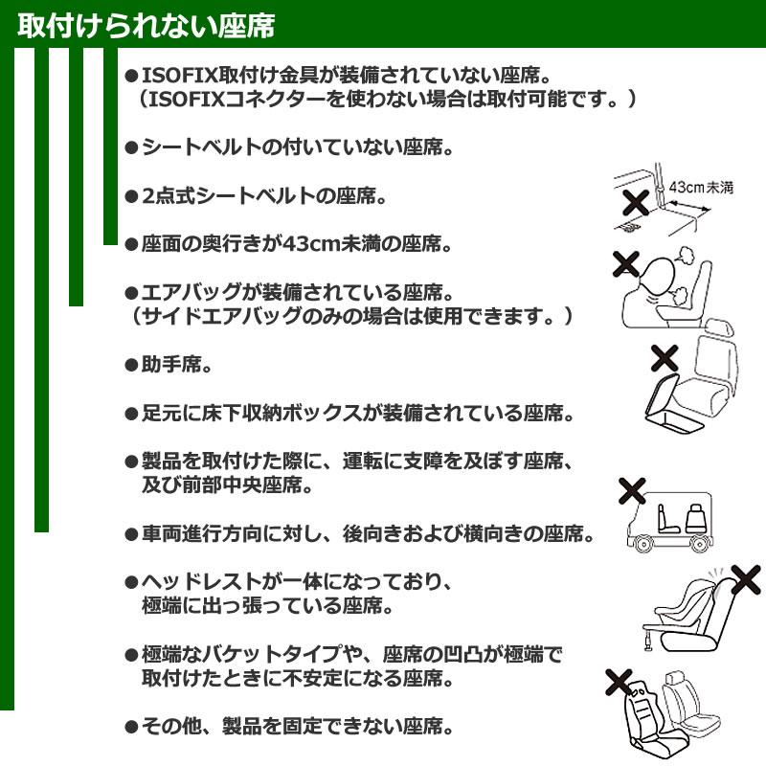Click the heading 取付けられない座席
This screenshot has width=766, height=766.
tap(146, 26)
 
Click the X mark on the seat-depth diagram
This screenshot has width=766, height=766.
tap(634, 202)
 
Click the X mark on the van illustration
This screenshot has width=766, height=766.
tap(632, 491)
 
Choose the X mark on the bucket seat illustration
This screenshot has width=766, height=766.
tap(619, 683)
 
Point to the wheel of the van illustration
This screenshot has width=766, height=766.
tap(642, 544)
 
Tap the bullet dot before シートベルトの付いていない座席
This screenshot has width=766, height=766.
tap(131, 148)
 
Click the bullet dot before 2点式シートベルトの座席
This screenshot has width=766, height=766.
tap(131, 197)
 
